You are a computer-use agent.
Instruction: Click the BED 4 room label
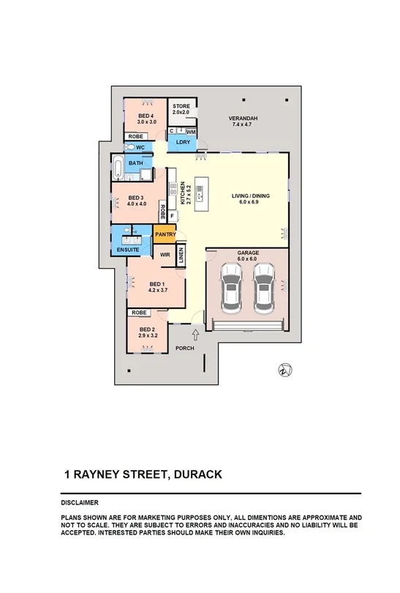coord(146,116)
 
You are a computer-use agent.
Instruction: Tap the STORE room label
coord(181,107)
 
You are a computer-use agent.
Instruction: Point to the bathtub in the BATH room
coord(118,168)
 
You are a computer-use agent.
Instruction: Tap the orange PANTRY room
coord(165,234)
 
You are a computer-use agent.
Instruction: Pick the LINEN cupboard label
coord(180,255)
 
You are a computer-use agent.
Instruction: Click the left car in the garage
coord(232,288)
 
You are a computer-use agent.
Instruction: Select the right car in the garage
coord(265,288)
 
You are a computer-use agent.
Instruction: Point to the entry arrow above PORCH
coord(186,334)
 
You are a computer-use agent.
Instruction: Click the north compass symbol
coord(283,370)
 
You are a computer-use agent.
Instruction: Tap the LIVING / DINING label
coord(251,195)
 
